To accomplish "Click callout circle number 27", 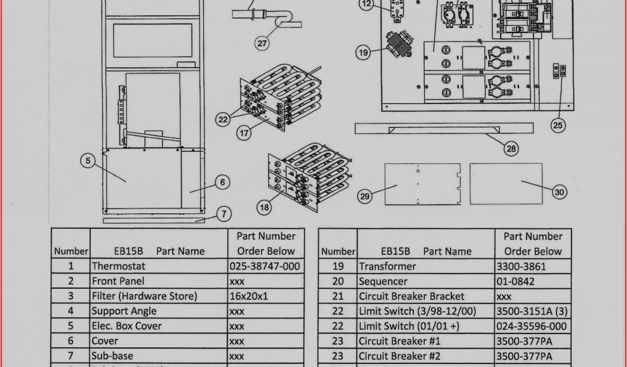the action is coord(262,43).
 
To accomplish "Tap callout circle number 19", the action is coord(364,53).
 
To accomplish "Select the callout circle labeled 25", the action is coord(558,125).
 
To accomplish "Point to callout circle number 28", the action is coord(511,147).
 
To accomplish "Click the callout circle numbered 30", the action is coord(559,192).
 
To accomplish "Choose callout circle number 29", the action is coord(365,196).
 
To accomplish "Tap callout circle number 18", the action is coord(264,207).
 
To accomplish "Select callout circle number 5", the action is coord(88,161).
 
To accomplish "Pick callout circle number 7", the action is coord(224,214).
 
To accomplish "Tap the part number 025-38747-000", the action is coord(265,266).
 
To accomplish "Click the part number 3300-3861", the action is coord(521,266).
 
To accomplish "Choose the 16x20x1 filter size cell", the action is coord(249,296).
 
